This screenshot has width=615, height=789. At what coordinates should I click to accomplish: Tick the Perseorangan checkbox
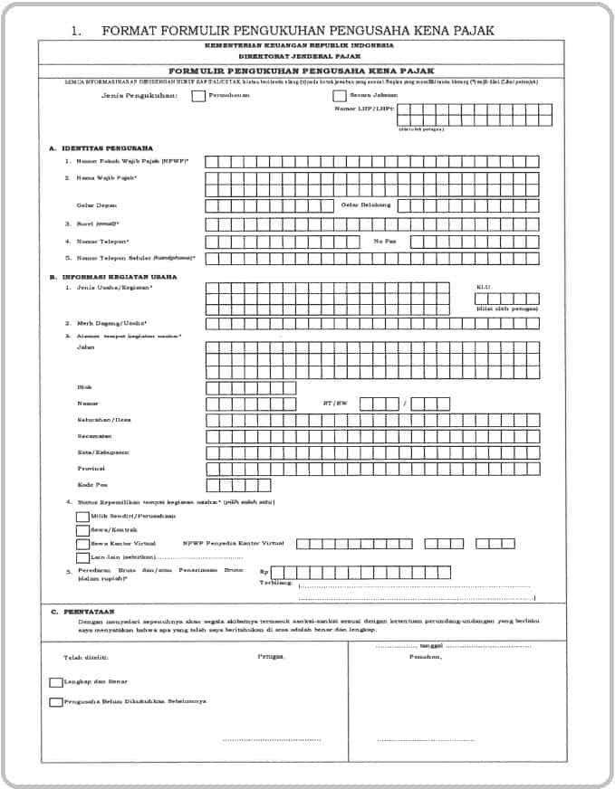coord(198,95)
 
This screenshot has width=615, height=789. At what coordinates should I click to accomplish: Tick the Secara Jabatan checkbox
coord(340,95)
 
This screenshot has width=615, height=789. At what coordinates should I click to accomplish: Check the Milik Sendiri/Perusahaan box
coord(82,517)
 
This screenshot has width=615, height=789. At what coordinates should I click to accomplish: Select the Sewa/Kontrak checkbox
coord(82,530)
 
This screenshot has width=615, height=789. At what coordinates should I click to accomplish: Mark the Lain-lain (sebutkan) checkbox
coord(82,557)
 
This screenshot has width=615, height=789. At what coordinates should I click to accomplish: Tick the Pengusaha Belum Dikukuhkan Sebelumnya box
coord(56,702)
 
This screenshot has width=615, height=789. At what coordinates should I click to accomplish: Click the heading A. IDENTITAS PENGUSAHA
coord(101,147)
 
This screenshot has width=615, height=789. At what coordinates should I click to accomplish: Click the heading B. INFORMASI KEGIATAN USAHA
coord(113,277)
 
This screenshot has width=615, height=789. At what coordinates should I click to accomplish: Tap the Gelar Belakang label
coord(366,205)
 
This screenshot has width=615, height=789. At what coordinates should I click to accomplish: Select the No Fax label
coord(385,242)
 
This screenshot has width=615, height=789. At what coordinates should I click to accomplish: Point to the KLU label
coord(484,287)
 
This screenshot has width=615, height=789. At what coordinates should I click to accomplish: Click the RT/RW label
coord(335,403)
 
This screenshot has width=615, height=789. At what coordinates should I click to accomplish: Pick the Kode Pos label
coord(91,485)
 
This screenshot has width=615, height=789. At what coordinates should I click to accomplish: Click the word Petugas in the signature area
coord(270,656)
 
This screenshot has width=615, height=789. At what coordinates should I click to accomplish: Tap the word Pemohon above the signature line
coord(425,656)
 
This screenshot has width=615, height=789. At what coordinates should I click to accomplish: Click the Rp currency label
coord(264,573)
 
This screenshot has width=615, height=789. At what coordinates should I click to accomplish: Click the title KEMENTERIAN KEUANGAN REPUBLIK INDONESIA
coord(299,44)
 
